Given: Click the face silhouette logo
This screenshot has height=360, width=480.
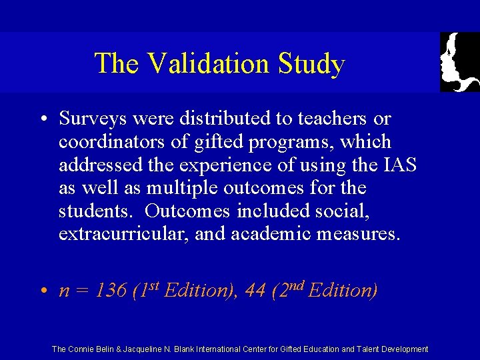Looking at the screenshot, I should pos(460,62).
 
